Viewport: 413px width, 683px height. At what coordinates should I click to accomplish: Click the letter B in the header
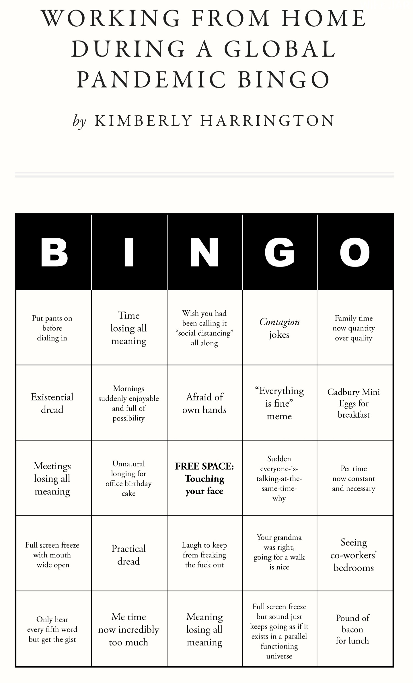tap(54, 252)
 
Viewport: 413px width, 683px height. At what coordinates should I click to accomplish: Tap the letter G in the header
tap(279, 252)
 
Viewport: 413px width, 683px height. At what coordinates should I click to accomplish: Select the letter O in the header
tap(355, 252)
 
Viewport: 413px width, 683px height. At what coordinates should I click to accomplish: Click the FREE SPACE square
tap(204, 478)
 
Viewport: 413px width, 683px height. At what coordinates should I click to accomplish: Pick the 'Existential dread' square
tap(52, 403)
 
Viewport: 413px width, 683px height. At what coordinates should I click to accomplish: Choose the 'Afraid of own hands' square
tap(204, 403)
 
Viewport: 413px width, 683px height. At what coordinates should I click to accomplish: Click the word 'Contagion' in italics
tap(280, 322)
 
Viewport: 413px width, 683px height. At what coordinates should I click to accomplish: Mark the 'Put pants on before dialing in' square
tap(52, 328)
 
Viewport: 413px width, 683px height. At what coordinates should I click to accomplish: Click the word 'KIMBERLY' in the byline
tap(143, 121)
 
